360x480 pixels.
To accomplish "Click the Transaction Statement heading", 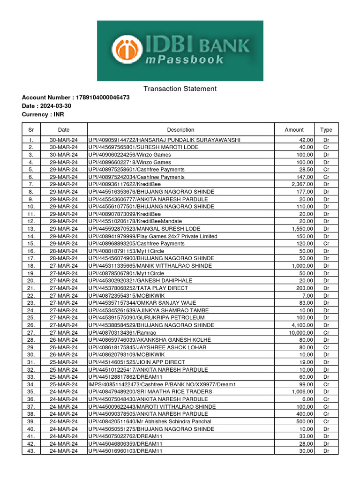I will (x=180, y=89).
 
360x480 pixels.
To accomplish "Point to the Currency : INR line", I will (x=43, y=114).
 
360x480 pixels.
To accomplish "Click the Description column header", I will (x=180, y=130).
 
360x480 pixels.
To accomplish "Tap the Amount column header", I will (x=294, y=130).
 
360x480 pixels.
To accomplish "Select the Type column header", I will (x=326, y=130).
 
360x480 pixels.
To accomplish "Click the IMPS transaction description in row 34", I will (x=162, y=384).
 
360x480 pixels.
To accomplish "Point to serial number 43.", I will (x=31, y=451).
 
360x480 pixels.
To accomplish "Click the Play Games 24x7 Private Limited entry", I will (x=152, y=236).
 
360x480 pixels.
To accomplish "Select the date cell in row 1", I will (x=63, y=140).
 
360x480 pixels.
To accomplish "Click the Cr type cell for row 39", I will (x=326, y=421).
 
